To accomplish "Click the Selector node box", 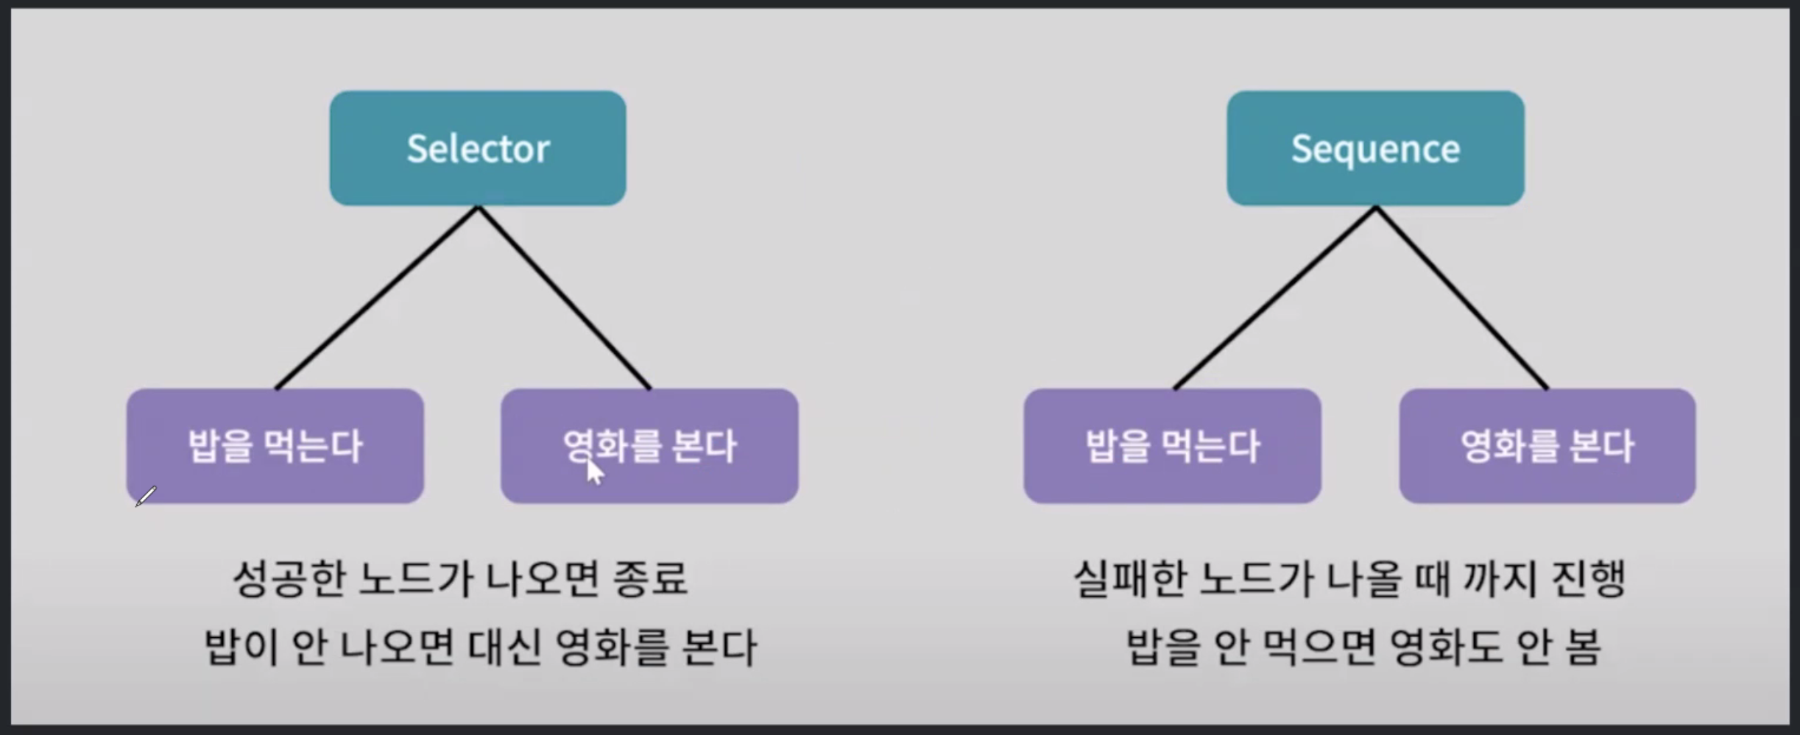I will pos(478,149).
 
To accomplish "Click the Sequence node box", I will pos(1375,149).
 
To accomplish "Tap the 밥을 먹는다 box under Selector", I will pos(275,446).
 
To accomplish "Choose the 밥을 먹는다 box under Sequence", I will pos(1172,446).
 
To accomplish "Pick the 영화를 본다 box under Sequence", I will pos(1547,446).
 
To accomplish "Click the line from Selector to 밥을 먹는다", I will pos(377,298).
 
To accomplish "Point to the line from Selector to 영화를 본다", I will pos(565,298).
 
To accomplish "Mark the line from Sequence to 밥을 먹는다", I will pos(1274,298).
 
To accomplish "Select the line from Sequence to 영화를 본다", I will pos(1462,298).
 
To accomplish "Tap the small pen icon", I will pos(146,497).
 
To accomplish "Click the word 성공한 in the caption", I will pos(289,579).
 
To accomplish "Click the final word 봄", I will pos(1581,647).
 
